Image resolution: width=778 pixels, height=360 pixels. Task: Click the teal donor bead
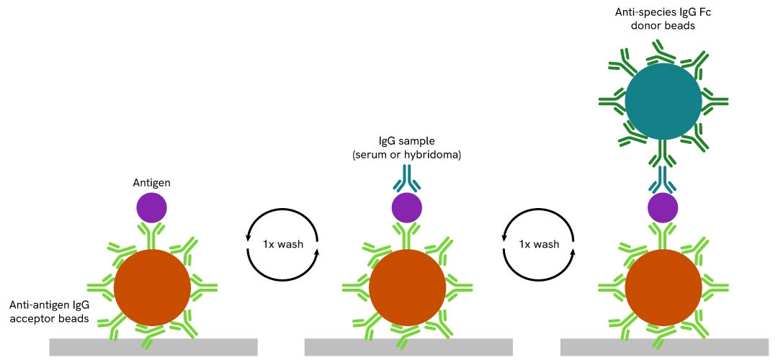click(663, 102)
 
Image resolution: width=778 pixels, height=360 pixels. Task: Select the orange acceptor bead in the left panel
click(152, 287)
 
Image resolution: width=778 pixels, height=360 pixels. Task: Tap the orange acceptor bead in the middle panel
click(407, 287)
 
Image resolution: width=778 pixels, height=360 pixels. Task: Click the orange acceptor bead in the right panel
click(663, 287)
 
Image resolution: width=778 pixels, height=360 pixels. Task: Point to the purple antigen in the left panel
click(152, 208)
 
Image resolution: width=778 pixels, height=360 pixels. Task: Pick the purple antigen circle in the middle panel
click(407, 208)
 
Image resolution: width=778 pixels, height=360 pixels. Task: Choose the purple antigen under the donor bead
click(663, 208)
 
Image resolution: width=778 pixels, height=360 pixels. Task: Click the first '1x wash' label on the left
click(283, 244)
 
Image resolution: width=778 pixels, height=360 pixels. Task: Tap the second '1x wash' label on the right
click(539, 244)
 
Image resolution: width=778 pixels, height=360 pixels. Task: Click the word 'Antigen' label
click(151, 183)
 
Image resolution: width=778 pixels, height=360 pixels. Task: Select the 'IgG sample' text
click(407, 141)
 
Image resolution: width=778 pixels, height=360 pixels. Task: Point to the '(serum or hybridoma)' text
click(407, 155)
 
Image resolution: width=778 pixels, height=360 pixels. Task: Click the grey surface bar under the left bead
click(153, 347)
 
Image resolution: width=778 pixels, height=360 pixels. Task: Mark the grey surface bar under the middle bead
click(408, 347)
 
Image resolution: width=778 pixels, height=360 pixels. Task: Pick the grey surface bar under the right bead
click(664, 347)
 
